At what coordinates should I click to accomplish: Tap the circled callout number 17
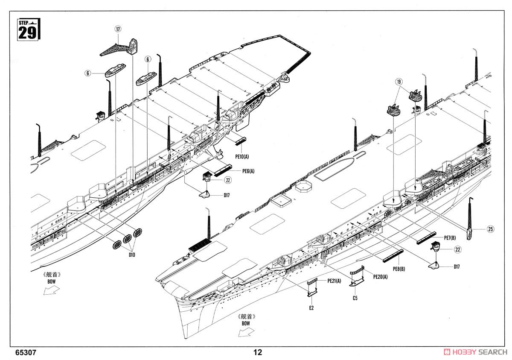[118, 29]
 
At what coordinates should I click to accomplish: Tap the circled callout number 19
[398, 81]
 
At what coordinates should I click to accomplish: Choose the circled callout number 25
[491, 229]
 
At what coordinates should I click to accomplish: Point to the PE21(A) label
[334, 281]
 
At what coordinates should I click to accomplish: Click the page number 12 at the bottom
[257, 352]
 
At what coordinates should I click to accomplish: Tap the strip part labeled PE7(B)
[426, 239]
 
